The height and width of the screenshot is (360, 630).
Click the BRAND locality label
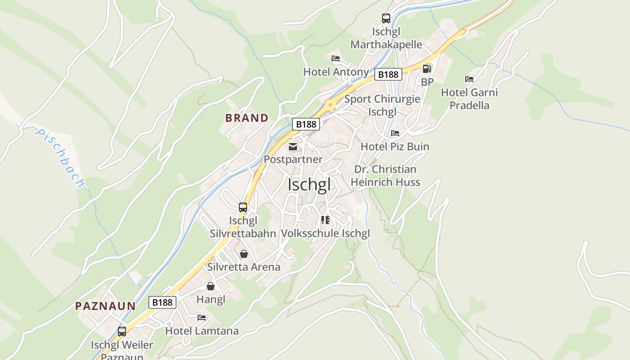[247, 118]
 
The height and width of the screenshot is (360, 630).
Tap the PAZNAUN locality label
[105, 306]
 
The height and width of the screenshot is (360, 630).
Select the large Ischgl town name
[309, 184]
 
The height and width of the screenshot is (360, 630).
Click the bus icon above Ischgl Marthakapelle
[386, 18]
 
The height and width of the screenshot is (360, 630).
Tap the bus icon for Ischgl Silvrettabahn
[243, 207]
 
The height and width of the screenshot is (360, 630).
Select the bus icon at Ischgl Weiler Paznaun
[122, 332]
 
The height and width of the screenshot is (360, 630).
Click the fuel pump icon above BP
[427, 69]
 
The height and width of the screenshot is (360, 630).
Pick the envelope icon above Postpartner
[293, 146]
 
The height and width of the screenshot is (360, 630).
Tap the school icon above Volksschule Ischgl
[325, 220]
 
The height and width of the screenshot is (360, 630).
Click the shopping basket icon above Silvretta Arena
[244, 254]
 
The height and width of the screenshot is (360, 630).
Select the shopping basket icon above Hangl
[211, 286]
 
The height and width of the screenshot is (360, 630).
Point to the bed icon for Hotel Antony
[336, 58]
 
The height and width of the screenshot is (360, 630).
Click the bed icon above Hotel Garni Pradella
[469, 79]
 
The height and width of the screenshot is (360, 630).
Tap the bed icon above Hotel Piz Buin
[395, 133]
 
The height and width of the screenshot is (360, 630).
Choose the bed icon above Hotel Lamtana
[202, 318]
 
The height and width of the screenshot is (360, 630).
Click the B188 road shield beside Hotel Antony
[388, 74]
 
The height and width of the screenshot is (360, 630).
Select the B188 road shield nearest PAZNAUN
[162, 302]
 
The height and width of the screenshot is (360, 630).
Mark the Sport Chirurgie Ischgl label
[382, 105]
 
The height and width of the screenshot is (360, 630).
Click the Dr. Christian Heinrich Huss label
[385, 175]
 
